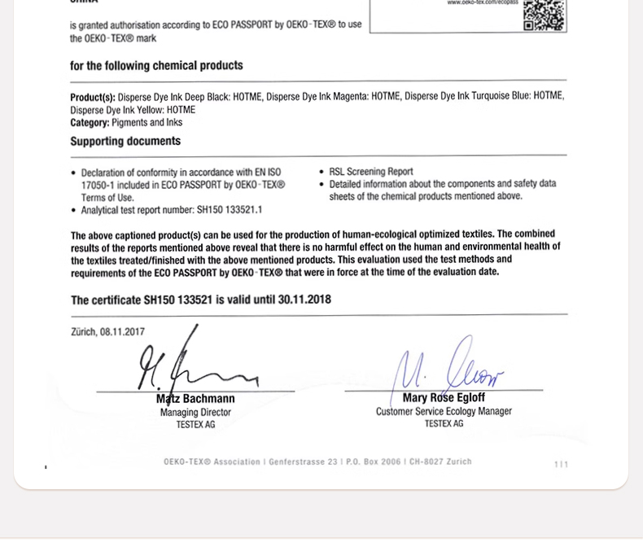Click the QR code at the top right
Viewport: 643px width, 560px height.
(544, 15)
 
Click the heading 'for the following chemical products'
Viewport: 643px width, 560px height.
(156, 66)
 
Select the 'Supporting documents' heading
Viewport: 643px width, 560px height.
(125, 142)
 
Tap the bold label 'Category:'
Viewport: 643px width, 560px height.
(90, 123)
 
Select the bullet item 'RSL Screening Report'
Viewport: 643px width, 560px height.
(371, 172)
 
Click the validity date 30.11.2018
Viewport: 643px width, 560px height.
(304, 300)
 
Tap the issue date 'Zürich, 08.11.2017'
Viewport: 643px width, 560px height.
(107, 332)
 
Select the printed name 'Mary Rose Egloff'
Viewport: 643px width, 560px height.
(444, 398)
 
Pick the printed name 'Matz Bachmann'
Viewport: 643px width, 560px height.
(195, 399)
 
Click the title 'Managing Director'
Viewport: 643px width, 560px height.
(195, 413)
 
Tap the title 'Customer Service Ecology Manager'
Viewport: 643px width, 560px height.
(444, 412)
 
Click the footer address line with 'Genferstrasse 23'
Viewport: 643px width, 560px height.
(317, 462)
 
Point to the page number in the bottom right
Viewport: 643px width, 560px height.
(561, 465)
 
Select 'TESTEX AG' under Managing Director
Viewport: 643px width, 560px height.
(195, 425)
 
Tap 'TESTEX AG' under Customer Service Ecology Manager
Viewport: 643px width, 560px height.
(444, 424)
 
